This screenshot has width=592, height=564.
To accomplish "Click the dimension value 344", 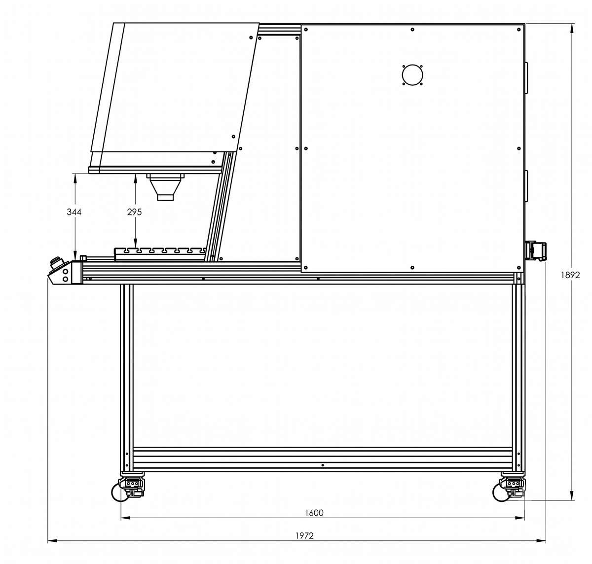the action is point(74,212).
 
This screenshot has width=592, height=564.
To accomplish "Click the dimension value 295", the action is point(134,212).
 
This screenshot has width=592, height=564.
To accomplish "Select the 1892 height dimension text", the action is point(570,275).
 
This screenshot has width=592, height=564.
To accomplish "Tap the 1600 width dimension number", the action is point(314,513).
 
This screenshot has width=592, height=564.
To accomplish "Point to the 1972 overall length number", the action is point(304,536).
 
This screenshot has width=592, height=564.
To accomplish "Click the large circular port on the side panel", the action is point(412,75).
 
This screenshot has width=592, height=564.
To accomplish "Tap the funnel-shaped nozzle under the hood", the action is point(165,187).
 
